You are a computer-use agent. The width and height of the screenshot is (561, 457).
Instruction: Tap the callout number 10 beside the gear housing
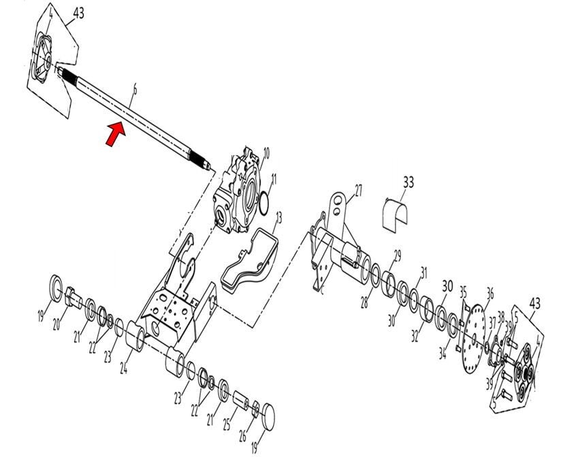[267, 152]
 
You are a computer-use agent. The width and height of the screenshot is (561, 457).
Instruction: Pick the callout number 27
[359, 188]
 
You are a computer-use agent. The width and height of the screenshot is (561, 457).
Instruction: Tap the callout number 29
[398, 255]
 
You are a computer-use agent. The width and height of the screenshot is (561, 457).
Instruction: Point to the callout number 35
[463, 292]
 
